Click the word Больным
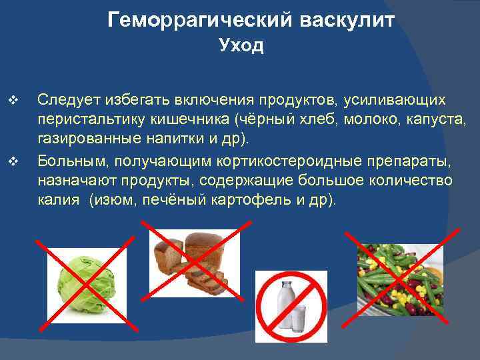click(x=67, y=161)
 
